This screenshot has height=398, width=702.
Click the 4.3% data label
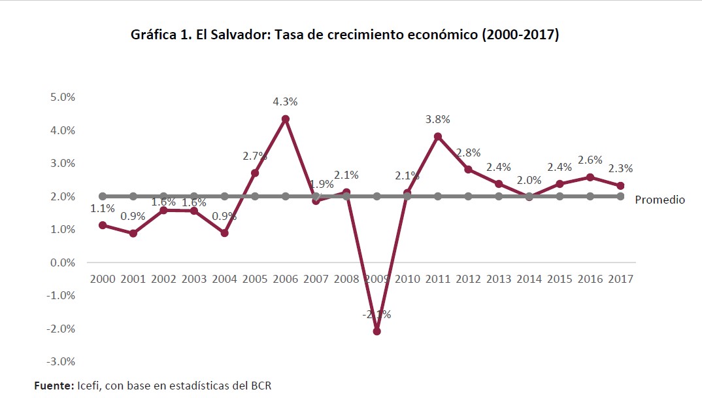click(286, 102)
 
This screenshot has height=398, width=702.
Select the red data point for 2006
click(286, 119)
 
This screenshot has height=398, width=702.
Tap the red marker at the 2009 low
click(377, 331)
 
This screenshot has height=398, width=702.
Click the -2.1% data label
click(377, 315)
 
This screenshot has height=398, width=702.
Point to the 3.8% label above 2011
click(438, 120)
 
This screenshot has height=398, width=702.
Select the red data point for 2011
click(438, 137)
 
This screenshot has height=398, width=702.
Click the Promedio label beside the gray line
click(660, 200)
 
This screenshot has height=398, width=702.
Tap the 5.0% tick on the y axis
click(63, 97)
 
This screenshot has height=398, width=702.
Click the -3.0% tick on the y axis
click(62, 361)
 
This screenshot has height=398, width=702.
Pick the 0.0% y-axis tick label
click(63, 262)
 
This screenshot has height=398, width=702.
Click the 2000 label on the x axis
click(103, 279)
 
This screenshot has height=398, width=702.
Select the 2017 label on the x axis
click(621, 279)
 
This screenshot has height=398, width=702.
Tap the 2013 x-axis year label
click(499, 279)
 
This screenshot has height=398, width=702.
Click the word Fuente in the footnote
click(53, 386)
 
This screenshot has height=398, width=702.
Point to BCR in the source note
click(259, 386)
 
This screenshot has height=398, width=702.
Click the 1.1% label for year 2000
click(103, 209)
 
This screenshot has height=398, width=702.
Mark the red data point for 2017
click(620, 186)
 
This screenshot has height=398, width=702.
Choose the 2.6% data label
click(590, 160)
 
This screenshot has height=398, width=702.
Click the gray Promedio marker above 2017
click(620, 196)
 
